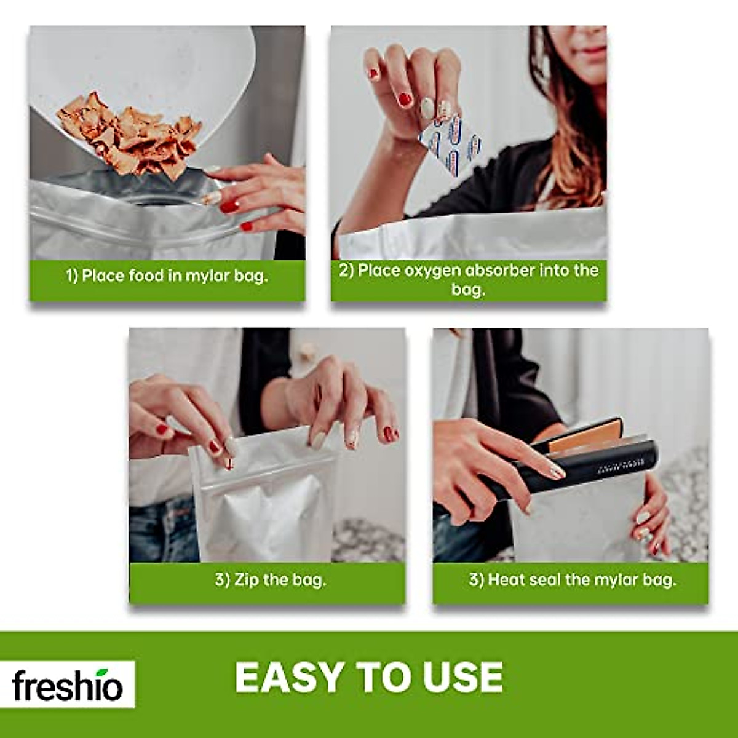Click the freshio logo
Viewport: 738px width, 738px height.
68,684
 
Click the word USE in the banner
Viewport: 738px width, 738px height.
462,678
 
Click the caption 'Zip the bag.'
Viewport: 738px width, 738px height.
270,579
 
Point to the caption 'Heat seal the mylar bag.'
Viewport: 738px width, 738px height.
572,579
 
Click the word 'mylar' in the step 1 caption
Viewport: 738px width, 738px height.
201,276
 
